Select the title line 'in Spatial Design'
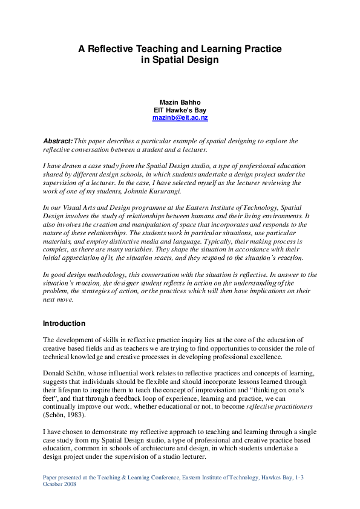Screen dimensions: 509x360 click(180, 60)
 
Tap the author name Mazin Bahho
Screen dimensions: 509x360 click(180, 102)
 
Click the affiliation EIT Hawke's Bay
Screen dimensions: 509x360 click(180, 110)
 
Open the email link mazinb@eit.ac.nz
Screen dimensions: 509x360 click(180, 118)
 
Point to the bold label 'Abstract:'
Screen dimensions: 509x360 click(58, 141)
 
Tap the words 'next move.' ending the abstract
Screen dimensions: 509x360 click(59, 300)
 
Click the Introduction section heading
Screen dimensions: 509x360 click(65, 323)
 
